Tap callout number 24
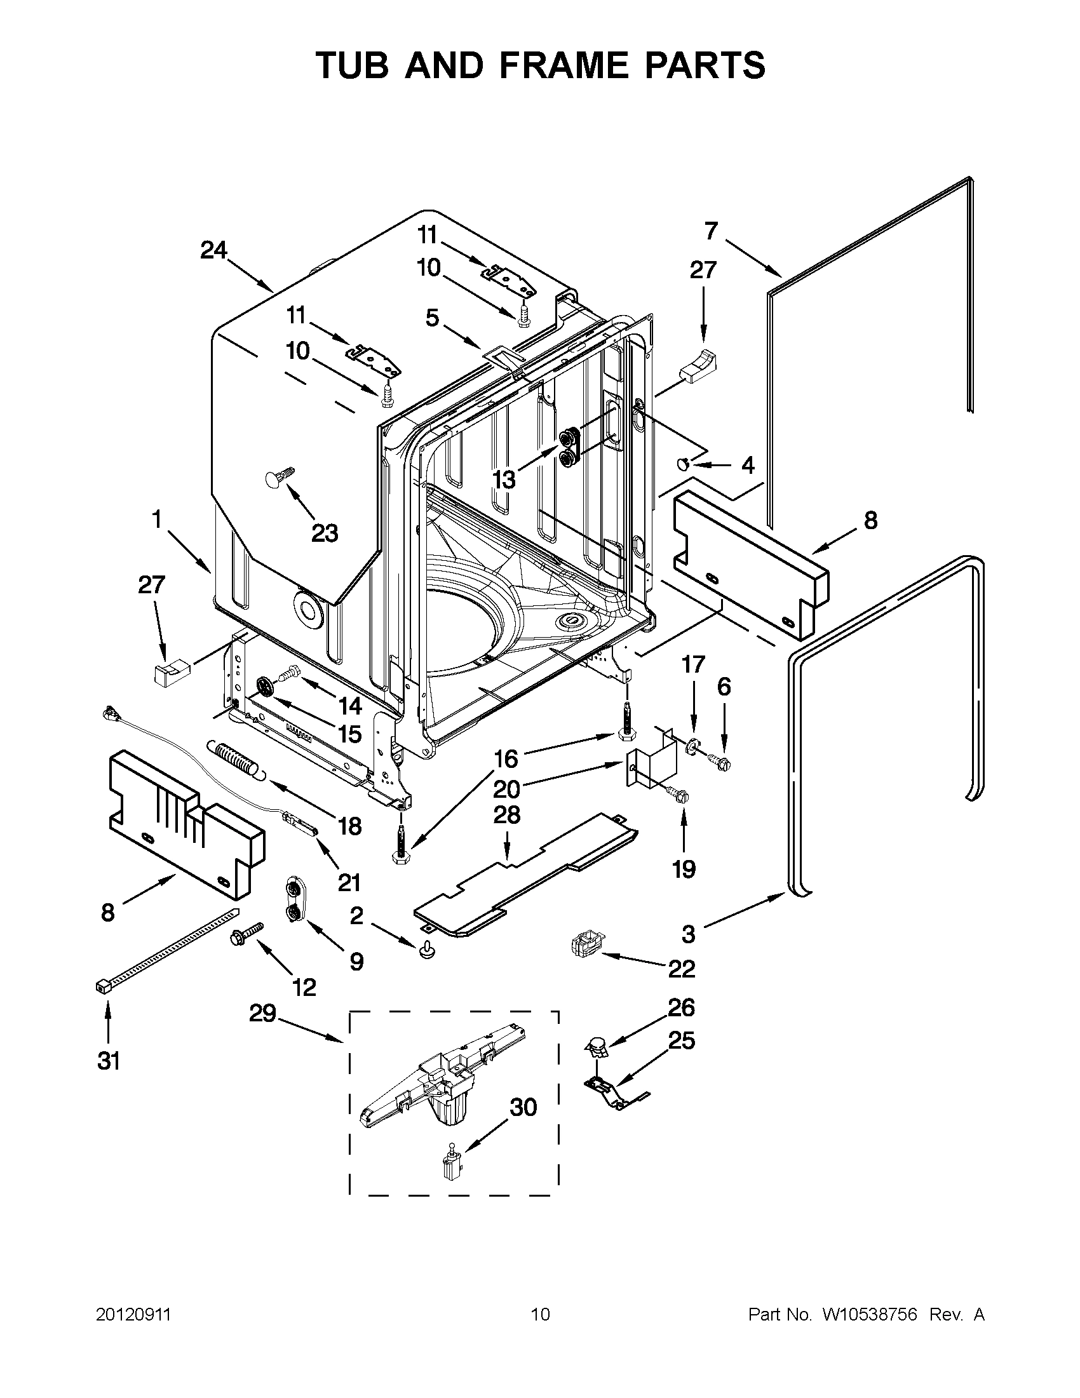[213, 251]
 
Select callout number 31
[108, 1061]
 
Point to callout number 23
[324, 532]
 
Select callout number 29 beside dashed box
[262, 1013]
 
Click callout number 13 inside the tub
[504, 479]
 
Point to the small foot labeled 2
[426, 954]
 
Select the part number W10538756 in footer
[868, 1315]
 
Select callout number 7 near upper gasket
[712, 231]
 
